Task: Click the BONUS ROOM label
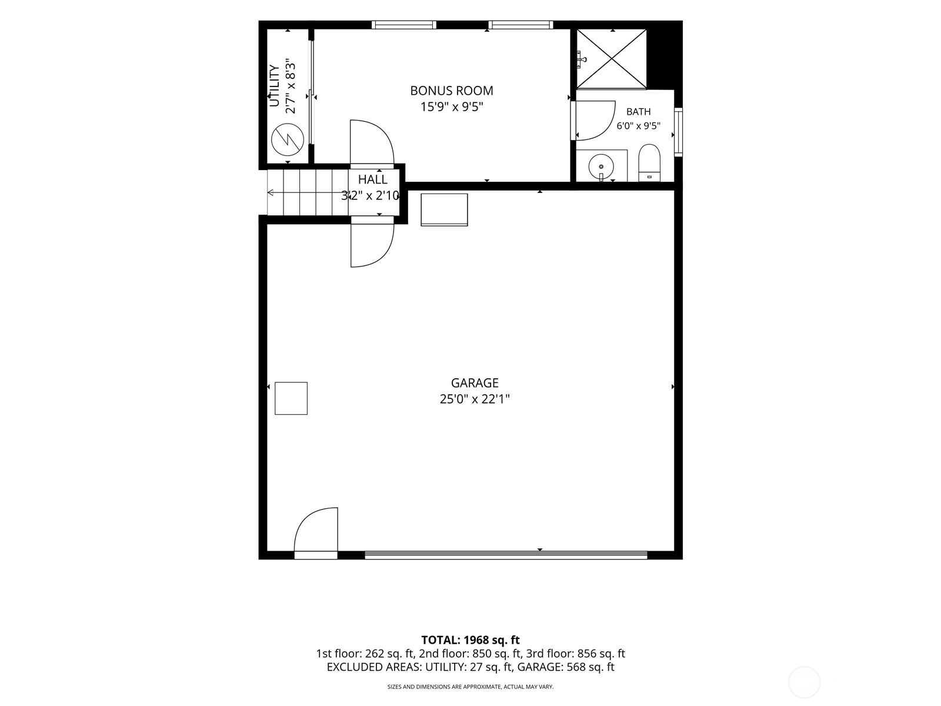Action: pyautogui.click(x=452, y=91)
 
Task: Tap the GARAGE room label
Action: pyautogui.click(x=475, y=383)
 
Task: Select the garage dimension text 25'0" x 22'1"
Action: pyautogui.click(x=475, y=399)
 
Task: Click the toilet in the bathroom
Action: pyautogui.click(x=649, y=164)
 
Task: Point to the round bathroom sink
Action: pyautogui.click(x=601, y=166)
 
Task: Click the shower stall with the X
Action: pyautogui.click(x=611, y=59)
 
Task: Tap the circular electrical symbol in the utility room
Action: pyautogui.click(x=288, y=139)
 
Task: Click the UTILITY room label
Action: pyautogui.click(x=275, y=86)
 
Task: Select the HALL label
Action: pyautogui.click(x=372, y=179)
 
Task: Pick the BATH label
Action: pyautogui.click(x=638, y=112)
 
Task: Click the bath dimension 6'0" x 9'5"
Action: pyautogui.click(x=638, y=126)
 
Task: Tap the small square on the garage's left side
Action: pyautogui.click(x=291, y=398)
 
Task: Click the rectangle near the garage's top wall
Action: pyautogui.click(x=444, y=209)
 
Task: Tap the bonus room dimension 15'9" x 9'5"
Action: pyautogui.click(x=452, y=106)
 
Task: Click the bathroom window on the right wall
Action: pyautogui.click(x=678, y=132)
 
